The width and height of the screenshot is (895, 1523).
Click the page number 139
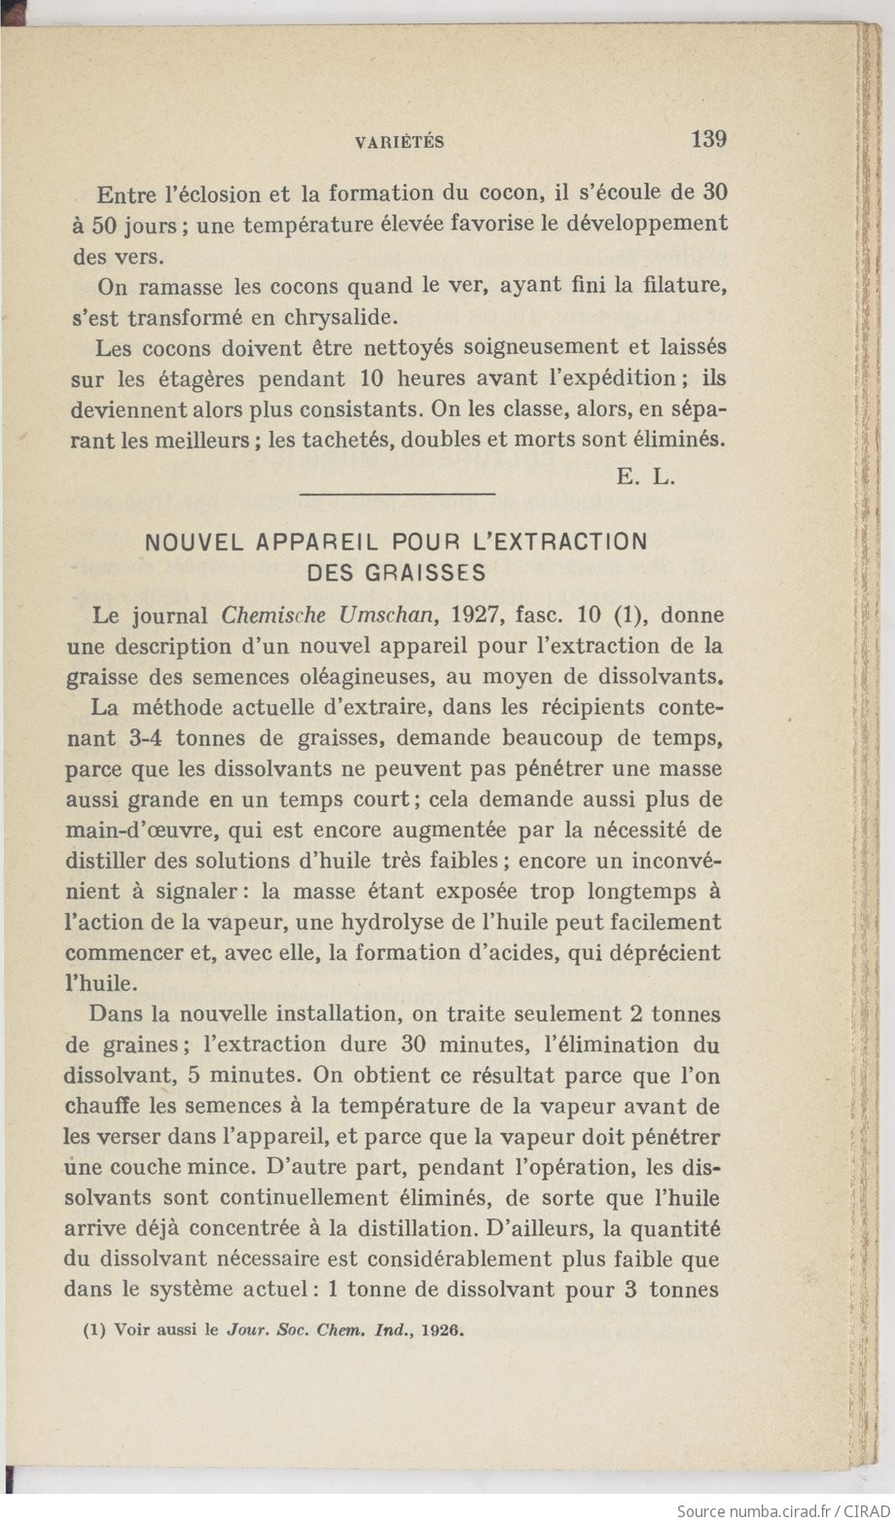pos(708,139)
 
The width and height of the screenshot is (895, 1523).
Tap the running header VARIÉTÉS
pos(400,142)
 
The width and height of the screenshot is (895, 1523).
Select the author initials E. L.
pos(645,477)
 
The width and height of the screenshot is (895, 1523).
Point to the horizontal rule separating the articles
pos(398,495)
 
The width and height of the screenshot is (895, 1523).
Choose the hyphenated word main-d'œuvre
pos(137,830)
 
